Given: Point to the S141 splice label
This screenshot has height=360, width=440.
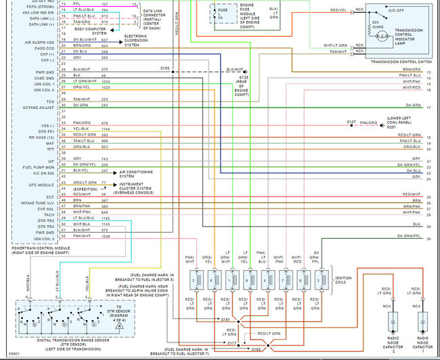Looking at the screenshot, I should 225,318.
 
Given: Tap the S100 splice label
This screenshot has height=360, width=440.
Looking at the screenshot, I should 165,69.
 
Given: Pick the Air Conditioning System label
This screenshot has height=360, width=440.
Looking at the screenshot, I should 139,173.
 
